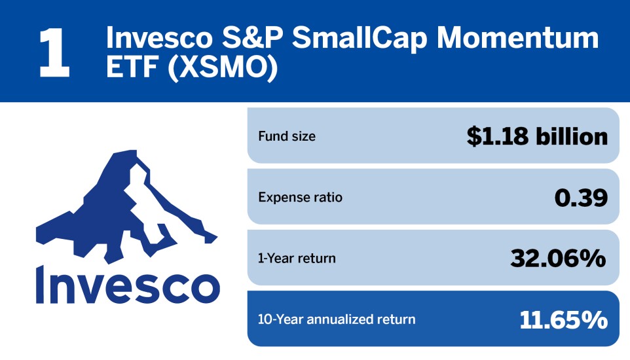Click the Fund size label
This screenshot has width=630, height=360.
287,137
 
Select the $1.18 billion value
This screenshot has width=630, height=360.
537,136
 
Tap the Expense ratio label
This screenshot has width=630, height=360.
300,197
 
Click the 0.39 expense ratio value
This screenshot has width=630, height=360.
580,197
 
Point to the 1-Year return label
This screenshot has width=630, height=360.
297,258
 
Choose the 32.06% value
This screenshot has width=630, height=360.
558,258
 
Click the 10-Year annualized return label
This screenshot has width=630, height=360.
337,319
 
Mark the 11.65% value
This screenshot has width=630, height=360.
563,319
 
